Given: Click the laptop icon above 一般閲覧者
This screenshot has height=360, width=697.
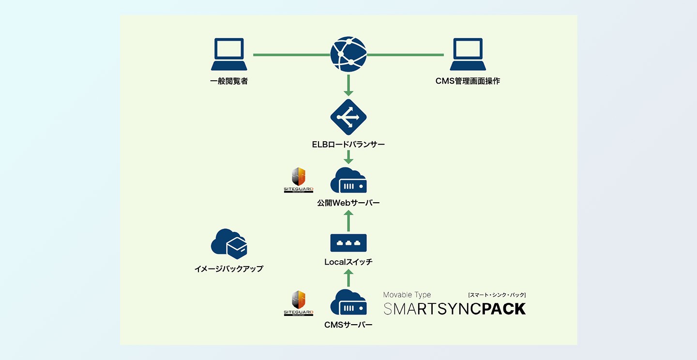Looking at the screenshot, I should [229, 54].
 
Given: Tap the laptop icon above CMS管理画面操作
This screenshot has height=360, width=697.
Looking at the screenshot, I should [468, 54].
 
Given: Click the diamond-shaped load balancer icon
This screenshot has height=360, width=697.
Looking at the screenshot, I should [348, 117].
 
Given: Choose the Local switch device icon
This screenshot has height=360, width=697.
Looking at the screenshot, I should [348, 242].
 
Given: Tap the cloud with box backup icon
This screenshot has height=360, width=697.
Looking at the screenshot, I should [229, 243].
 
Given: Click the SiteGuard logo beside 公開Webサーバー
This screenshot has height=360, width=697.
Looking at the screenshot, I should [298, 180].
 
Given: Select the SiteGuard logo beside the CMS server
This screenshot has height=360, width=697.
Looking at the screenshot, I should [298, 303].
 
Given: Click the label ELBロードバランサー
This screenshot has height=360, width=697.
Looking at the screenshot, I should [348, 144].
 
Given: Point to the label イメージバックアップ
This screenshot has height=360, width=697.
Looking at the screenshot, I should [229, 268].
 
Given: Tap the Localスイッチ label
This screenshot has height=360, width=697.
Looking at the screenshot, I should [348, 262].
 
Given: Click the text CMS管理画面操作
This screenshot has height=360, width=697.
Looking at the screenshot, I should [468, 81].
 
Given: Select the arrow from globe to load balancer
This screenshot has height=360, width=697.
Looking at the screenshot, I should [348, 85].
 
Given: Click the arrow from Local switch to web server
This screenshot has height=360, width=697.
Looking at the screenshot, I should [348, 221].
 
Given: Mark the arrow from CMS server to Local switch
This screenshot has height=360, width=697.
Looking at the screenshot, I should [348, 279].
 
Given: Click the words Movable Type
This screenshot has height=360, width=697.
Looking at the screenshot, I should [407, 295].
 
